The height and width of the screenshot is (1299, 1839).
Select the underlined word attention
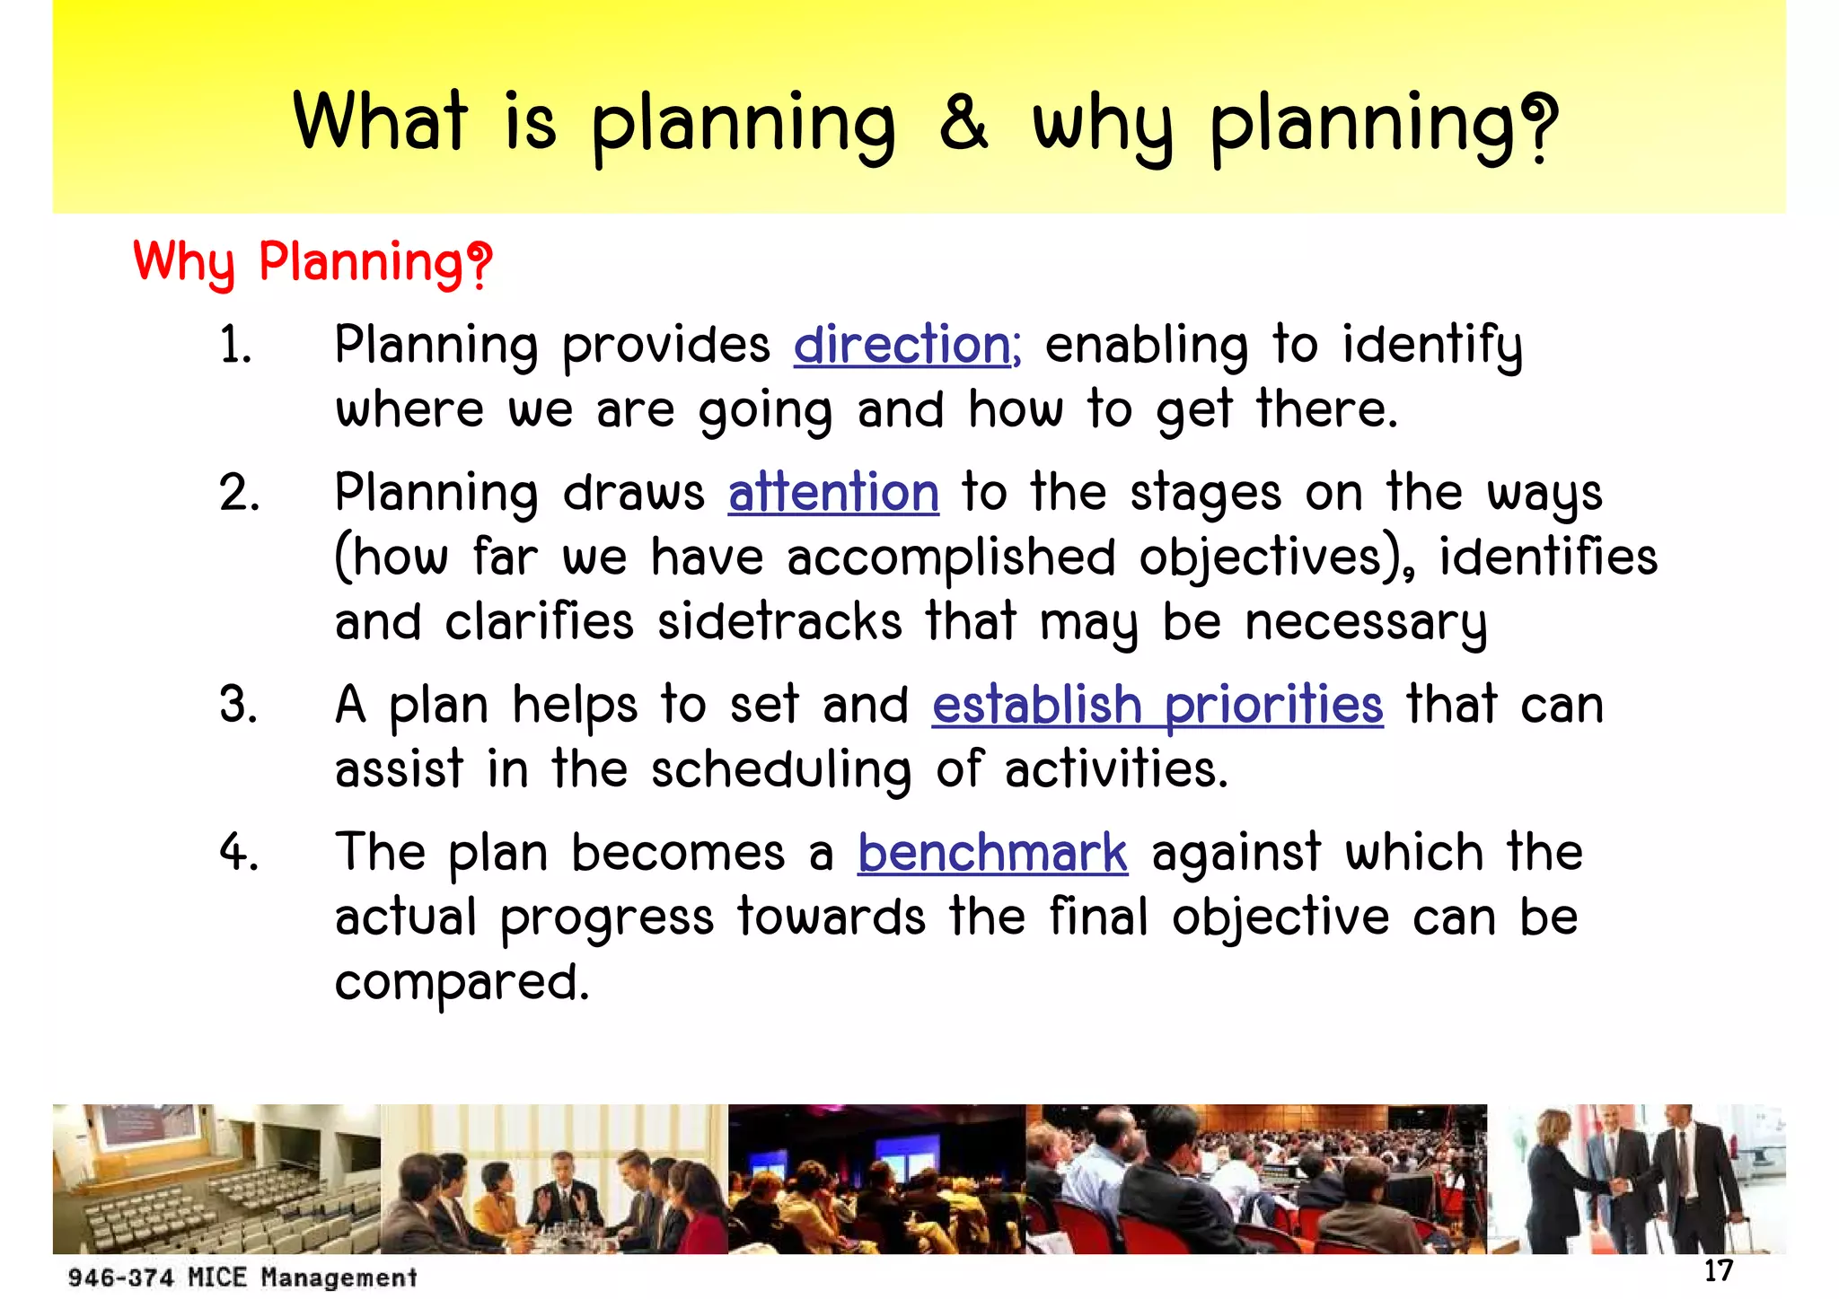pyautogui.click(x=833, y=493)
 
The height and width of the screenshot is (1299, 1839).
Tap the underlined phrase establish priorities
pyautogui.click(x=1157, y=705)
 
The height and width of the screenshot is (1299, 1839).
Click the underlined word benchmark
pyautogui.click(x=992, y=853)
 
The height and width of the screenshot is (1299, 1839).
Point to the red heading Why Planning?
pyautogui.click(x=312, y=263)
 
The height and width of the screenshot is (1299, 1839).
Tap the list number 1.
pyautogui.click(x=235, y=346)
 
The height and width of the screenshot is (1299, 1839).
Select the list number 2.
pyautogui.click(x=239, y=494)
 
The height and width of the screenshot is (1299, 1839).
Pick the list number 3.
pyautogui.click(x=239, y=706)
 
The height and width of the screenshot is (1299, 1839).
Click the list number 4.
pyautogui.click(x=239, y=853)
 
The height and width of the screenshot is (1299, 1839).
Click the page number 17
pyautogui.click(x=1718, y=1270)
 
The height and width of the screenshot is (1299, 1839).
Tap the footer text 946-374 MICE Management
pyautogui.click(x=242, y=1277)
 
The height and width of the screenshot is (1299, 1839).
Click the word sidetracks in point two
pyautogui.click(x=779, y=622)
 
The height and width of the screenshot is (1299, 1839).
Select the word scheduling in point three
pyautogui.click(x=781, y=770)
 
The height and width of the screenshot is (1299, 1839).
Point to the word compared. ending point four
pyautogui.click(x=462, y=982)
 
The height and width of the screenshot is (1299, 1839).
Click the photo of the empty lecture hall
pyautogui.click(x=216, y=1178)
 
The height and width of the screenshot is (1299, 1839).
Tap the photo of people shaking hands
pyautogui.click(x=1636, y=1178)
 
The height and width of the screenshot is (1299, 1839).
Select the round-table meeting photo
pyautogui.click(x=554, y=1178)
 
